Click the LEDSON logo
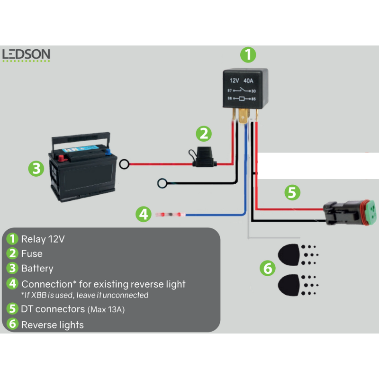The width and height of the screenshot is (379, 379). point(26,54)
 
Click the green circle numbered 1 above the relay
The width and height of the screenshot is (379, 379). point(248,54)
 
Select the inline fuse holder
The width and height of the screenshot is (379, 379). point(204,158)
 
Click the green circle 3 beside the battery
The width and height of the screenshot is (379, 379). point(36,169)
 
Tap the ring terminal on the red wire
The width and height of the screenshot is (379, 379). point(125,164)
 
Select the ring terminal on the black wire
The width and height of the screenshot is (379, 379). point(162,183)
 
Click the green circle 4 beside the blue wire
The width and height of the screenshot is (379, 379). point(143,214)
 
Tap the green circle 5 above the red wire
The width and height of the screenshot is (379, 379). point(292,192)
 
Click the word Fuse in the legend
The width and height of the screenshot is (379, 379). point(32,253)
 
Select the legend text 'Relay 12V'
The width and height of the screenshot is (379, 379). point(43,239)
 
